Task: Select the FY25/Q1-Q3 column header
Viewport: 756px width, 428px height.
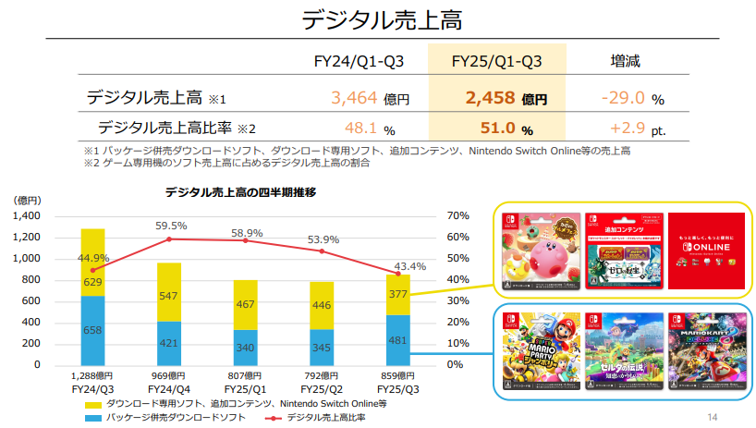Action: tap(496, 62)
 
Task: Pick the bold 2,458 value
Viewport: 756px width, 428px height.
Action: tap(487, 98)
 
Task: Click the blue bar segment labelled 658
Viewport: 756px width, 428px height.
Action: tap(92, 330)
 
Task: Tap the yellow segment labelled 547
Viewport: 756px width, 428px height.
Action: tap(168, 296)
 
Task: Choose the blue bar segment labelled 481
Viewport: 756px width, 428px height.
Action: tap(397, 339)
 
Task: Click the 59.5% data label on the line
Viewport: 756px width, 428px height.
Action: tap(171, 226)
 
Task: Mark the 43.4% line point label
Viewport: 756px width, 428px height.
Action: tap(409, 266)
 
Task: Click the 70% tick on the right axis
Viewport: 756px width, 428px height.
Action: tap(458, 215)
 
